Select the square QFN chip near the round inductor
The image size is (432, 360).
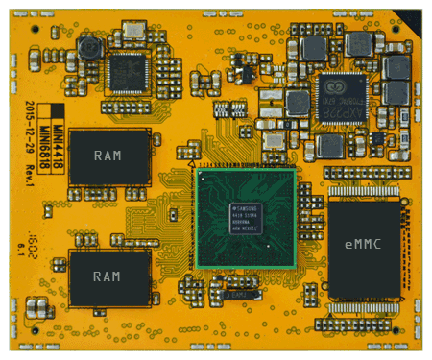(127, 69)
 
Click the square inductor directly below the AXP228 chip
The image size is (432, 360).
(329, 146)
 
